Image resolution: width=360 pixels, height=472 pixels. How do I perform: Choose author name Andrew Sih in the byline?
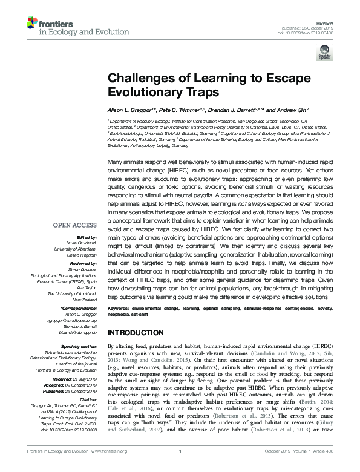[x=277, y=111]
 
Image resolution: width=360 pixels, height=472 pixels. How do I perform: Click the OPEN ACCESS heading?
[x=71, y=225]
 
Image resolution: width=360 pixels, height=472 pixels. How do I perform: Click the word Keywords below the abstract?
[x=119, y=308]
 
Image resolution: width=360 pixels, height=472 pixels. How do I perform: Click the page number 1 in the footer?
[x=180, y=468]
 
